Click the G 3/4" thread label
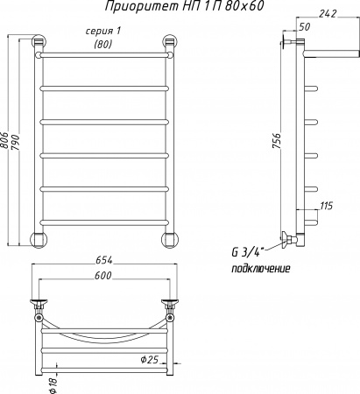coord(248,253)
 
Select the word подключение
coord(260,268)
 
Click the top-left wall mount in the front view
coord(39,41)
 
